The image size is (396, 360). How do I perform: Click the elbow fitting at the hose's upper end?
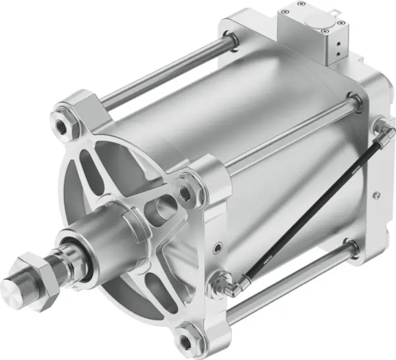[381, 130]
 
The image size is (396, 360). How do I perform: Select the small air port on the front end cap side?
[217, 250]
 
